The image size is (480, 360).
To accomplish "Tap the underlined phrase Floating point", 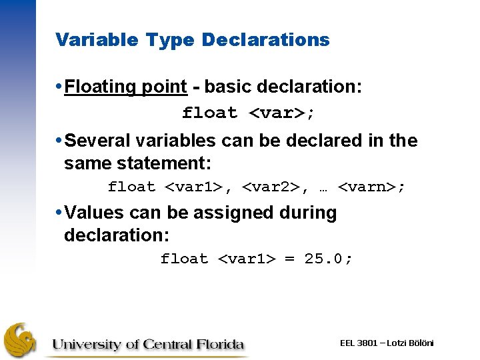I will [x=126, y=87].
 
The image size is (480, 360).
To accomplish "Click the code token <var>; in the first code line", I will [x=281, y=113].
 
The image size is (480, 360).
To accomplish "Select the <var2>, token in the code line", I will [x=275, y=187].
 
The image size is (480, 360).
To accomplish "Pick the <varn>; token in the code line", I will [x=371, y=187].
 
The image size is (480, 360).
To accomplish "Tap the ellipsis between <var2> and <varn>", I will [x=323, y=188].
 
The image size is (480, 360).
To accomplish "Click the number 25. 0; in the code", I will [x=329, y=259].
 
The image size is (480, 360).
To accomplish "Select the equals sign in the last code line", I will [x=289, y=259].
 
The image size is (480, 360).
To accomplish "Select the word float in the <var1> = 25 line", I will [x=184, y=259].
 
